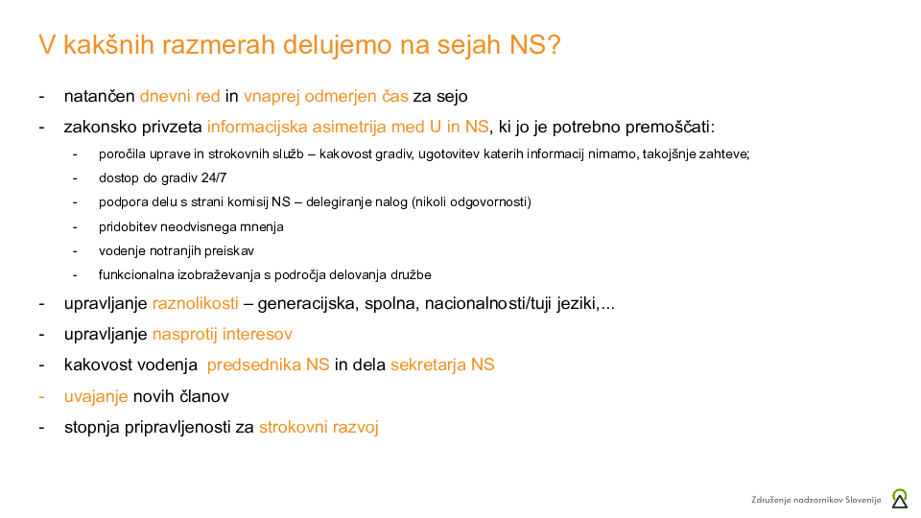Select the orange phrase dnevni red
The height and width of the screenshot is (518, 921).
pyautogui.click(x=180, y=96)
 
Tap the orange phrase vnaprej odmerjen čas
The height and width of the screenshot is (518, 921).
pyautogui.click(x=326, y=96)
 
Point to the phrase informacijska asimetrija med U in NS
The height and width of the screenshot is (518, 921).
pyautogui.click(x=348, y=127)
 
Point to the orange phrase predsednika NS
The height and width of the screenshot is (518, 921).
pyautogui.click(x=268, y=365)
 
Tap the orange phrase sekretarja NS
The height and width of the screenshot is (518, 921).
pyautogui.click(x=442, y=365)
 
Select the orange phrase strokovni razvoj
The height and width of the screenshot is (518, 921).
pyautogui.click(x=319, y=427)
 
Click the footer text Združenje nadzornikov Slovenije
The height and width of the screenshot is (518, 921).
pyautogui.click(x=815, y=500)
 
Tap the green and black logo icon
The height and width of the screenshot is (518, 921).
pyautogui.click(x=900, y=498)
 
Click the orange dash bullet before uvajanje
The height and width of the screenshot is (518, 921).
pyautogui.click(x=42, y=396)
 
